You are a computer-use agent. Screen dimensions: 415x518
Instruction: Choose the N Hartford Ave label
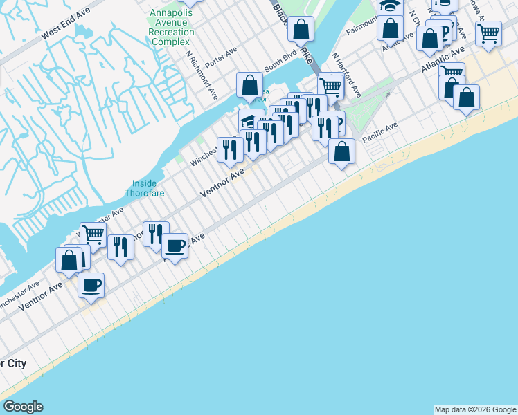click(346, 75)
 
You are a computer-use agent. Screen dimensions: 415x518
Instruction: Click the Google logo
click(23, 407)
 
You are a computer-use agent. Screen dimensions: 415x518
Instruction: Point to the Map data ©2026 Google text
click(475, 409)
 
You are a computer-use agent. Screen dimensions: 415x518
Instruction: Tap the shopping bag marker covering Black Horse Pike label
click(301, 29)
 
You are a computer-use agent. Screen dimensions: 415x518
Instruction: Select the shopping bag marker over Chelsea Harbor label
click(249, 85)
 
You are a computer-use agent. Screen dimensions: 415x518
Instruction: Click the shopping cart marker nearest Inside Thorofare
click(93, 234)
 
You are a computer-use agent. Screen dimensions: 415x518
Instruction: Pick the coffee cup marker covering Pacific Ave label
click(175, 245)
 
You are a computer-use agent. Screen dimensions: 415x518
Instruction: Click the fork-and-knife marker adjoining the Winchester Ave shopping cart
click(120, 246)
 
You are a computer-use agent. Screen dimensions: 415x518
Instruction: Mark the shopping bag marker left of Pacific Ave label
click(341, 151)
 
